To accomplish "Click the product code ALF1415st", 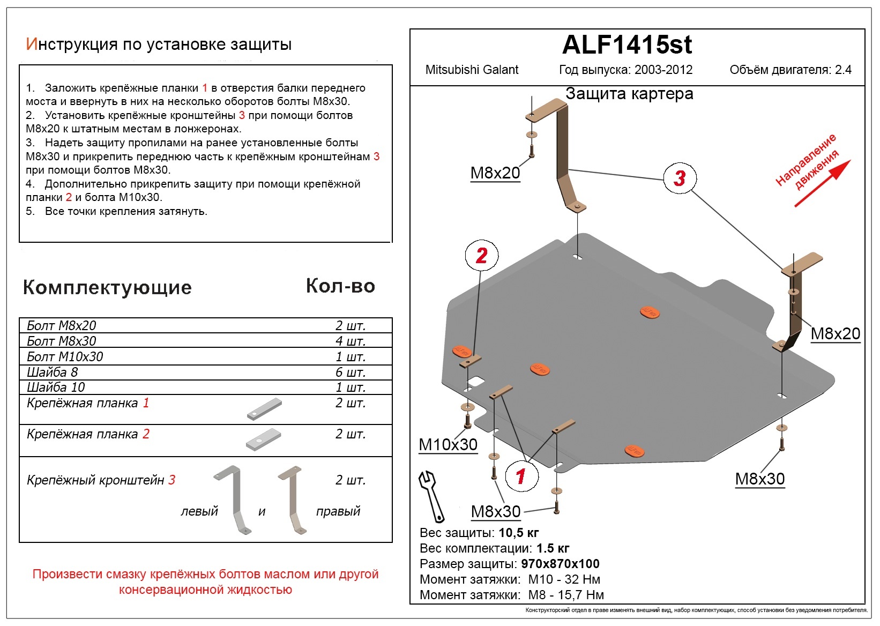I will click(x=627, y=45).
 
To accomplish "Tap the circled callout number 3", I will click(x=680, y=178).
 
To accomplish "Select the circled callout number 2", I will click(x=481, y=256).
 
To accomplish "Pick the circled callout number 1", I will click(x=520, y=475).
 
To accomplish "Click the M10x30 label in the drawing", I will click(x=448, y=445).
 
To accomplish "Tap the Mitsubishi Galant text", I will click(x=472, y=70).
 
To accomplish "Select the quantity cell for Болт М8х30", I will click(x=350, y=341).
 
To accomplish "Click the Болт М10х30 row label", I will click(x=65, y=356).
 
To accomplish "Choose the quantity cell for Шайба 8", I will click(x=350, y=372).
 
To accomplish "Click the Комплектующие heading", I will click(x=107, y=288).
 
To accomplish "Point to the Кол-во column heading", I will click(x=340, y=286).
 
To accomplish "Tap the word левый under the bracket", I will click(x=199, y=511).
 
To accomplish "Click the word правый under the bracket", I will click(x=338, y=511).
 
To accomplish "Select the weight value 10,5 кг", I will click(x=518, y=533).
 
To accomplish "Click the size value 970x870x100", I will click(x=560, y=564).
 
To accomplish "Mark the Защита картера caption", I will click(x=629, y=94).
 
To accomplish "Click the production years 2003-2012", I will click(x=663, y=70).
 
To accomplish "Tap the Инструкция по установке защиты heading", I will click(x=159, y=44).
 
